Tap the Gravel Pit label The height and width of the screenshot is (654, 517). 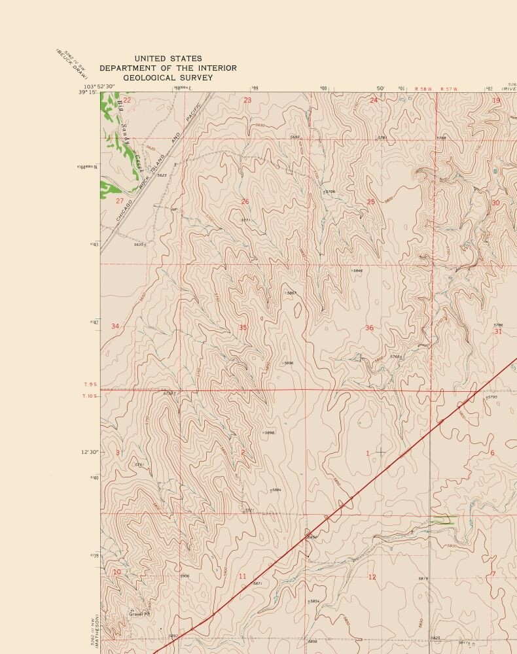point(139,614)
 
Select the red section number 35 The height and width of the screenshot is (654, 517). point(243,327)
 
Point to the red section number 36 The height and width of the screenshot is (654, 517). point(369,328)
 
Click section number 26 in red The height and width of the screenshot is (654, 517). point(245,201)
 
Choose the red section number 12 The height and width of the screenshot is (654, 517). point(372,577)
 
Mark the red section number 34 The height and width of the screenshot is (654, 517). point(116,326)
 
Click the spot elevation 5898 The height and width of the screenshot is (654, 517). point(270,432)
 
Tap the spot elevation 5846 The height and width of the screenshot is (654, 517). point(357,270)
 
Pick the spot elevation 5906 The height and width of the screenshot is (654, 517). point(185,576)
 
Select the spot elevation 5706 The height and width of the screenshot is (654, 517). point(330,192)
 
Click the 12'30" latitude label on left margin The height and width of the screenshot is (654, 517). point(89,452)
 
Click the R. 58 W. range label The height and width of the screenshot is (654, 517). point(425,88)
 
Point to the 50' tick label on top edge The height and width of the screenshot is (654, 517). point(380,88)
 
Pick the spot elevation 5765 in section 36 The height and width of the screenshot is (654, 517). point(396,356)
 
